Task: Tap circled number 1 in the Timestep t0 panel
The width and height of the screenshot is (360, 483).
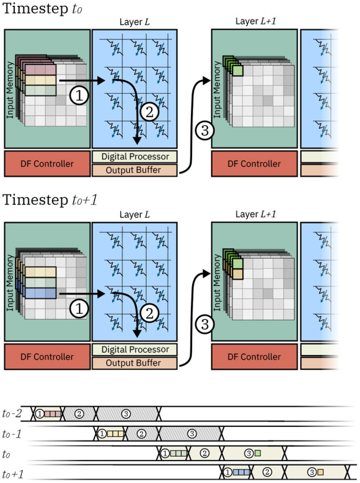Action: click(x=79, y=95)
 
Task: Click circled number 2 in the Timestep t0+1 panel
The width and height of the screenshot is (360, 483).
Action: click(x=147, y=312)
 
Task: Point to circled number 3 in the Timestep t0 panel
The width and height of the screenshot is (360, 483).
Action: click(x=203, y=130)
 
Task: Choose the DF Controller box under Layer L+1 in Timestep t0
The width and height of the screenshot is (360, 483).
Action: click(x=254, y=164)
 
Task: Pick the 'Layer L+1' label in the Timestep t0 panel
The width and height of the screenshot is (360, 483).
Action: click(x=254, y=22)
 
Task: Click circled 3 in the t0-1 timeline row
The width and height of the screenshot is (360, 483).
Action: click(x=192, y=434)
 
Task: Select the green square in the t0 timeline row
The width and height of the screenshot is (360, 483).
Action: click(x=258, y=453)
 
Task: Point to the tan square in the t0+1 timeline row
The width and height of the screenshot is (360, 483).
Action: click(x=321, y=473)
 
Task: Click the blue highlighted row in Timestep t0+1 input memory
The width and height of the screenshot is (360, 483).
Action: click(x=40, y=293)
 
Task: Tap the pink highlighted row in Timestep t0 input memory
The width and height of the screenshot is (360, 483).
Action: click(x=40, y=69)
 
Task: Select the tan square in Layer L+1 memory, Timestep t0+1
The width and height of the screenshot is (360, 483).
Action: click(x=238, y=274)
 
